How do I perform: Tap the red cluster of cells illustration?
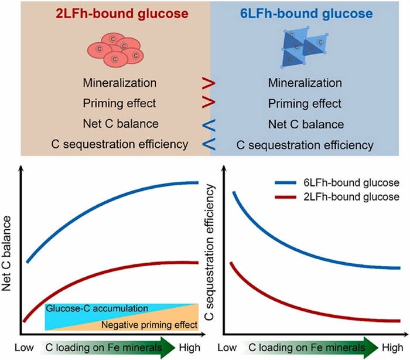(117, 48)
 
